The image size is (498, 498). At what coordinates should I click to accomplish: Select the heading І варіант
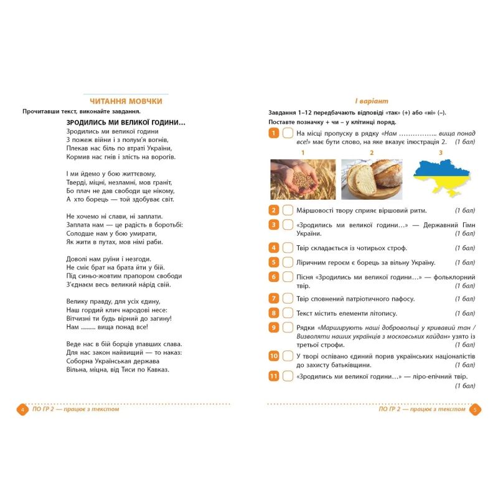coord(367,101)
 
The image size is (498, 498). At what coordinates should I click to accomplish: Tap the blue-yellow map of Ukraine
coord(441,179)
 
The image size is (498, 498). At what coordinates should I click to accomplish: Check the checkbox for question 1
coord(288,134)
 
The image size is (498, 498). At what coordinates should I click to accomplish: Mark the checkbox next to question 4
coord(288,247)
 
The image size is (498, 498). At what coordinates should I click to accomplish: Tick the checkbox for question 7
coord(288,298)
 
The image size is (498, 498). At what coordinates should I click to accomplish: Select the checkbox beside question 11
coord(288,376)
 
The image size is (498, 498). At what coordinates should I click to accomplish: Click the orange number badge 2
coord(274,210)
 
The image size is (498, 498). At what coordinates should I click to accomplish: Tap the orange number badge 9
coord(274,327)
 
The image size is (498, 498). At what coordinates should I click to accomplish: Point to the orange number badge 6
coord(274,276)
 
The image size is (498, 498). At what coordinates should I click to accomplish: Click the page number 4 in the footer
coord(22,410)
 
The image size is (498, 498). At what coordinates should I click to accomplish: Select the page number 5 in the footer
coord(474,410)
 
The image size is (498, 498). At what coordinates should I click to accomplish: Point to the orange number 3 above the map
coord(441,153)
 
